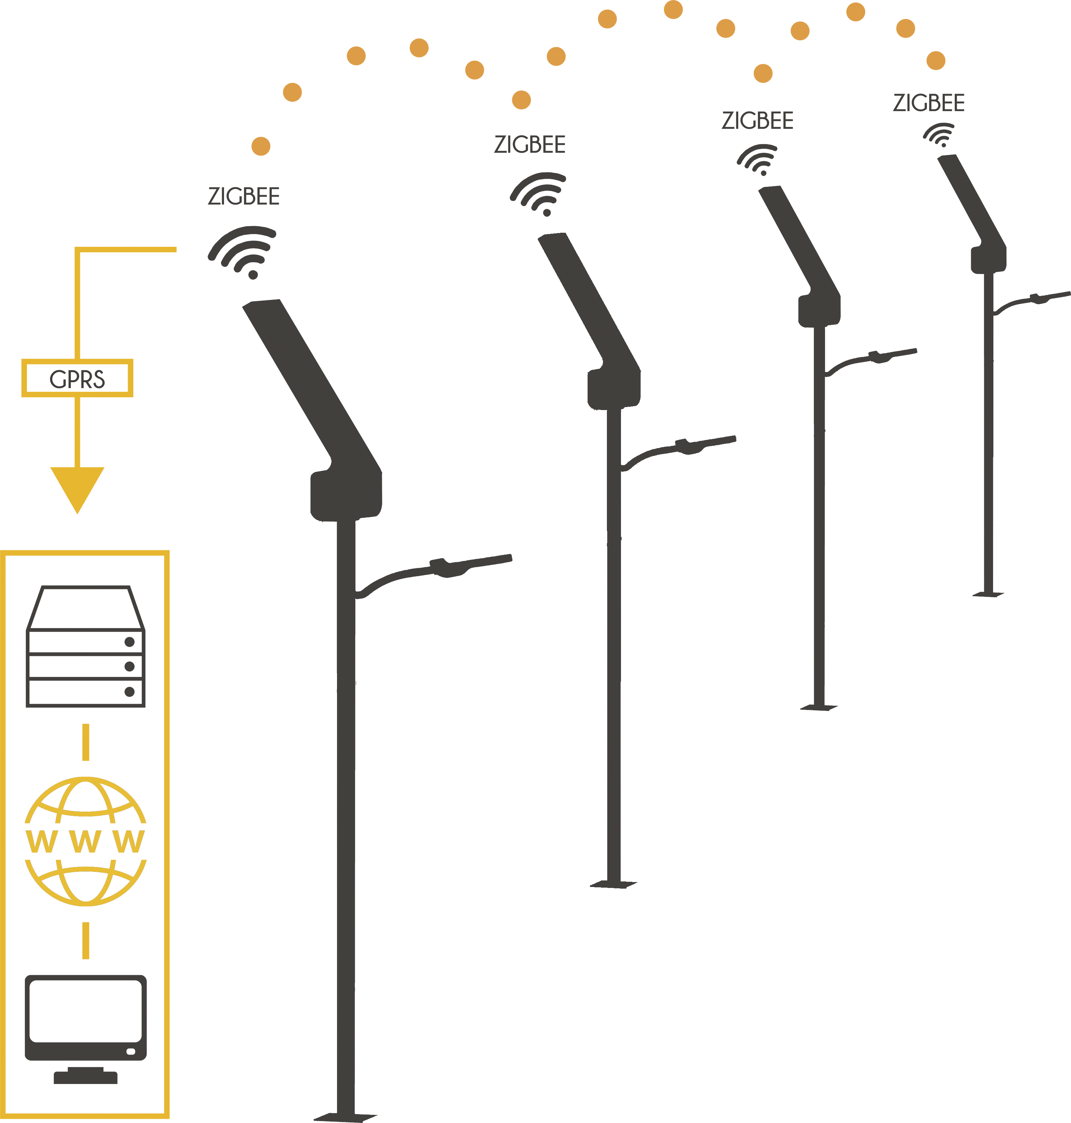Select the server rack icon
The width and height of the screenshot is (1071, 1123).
pos(85,646)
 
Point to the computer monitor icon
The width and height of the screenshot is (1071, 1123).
pos(85,1029)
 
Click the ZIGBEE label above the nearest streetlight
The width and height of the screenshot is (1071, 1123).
pos(244,196)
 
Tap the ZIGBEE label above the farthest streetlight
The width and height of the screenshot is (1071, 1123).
pos(929,103)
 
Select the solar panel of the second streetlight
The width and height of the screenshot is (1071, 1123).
pos(589,303)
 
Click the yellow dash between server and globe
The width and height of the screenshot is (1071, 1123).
pos(85,742)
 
